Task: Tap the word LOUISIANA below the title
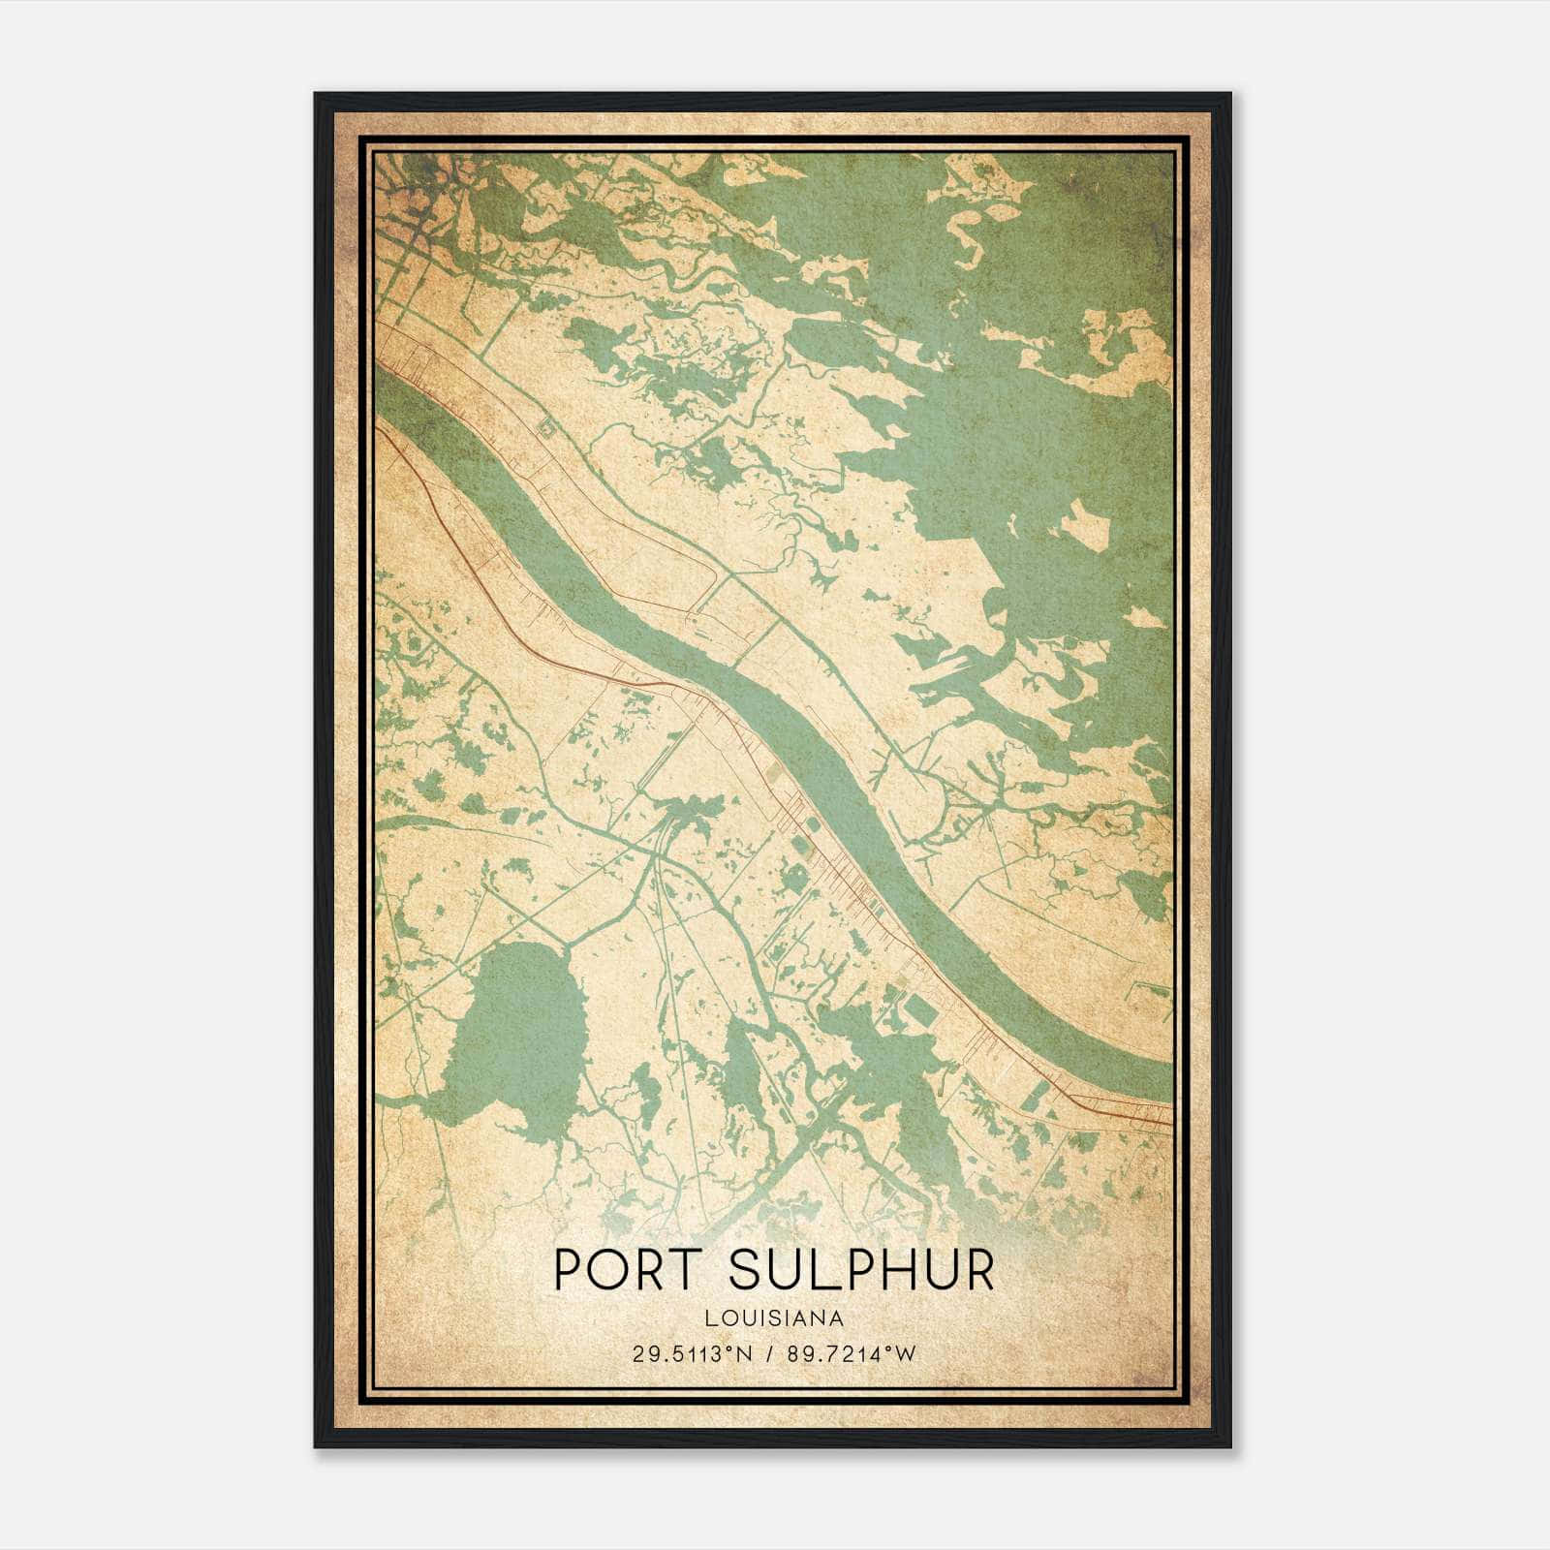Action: coord(774,1318)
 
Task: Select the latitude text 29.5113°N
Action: coord(692,1354)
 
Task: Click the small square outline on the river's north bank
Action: coord(545,427)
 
